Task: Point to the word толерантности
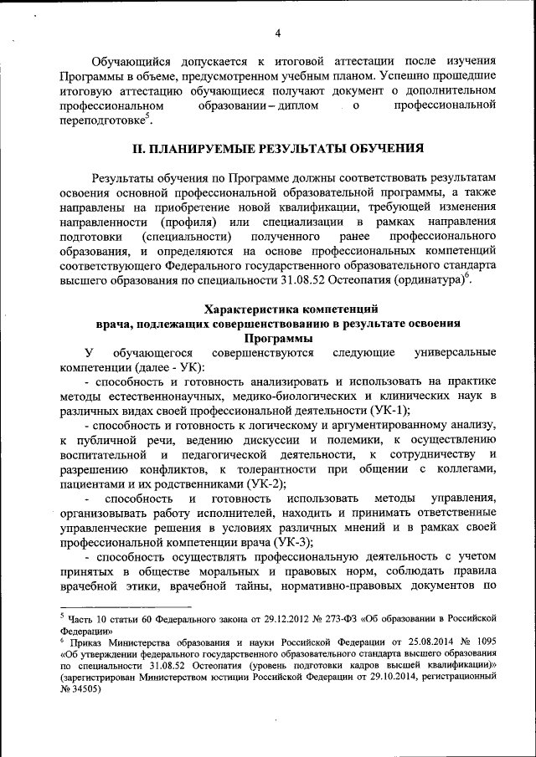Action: (274, 469)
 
